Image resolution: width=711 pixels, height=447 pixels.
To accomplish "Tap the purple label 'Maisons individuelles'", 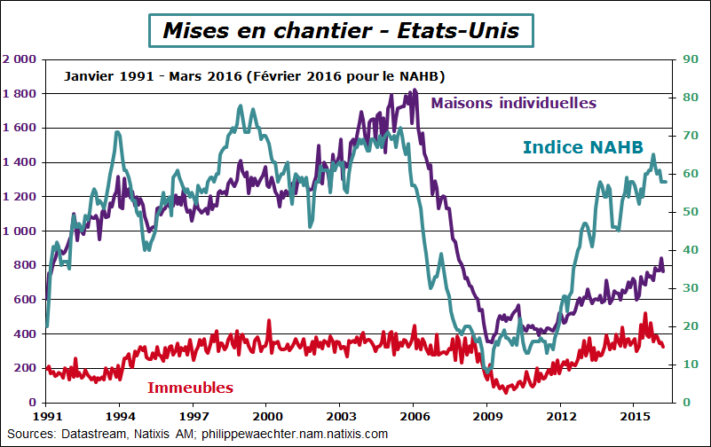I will (513, 103).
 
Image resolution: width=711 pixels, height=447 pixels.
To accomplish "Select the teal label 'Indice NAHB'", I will (582, 146).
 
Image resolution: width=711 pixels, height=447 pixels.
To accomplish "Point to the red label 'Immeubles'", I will (190, 388).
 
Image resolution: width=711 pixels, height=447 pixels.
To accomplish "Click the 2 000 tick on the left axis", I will (20, 59).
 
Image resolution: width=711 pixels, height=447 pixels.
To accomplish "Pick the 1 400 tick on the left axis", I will (20, 162).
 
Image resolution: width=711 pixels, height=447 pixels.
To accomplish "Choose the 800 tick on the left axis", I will (25, 265).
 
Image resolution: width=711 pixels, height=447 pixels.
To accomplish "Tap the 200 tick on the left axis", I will (25, 368).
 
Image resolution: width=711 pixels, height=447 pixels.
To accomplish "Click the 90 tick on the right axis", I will (682, 59).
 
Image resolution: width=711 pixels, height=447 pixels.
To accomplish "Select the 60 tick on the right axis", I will (682, 174).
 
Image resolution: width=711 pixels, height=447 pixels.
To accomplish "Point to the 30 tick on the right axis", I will (682, 288).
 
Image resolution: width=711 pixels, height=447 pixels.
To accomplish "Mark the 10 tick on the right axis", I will (682, 365).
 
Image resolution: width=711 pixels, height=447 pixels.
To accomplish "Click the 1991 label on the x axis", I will (46, 415).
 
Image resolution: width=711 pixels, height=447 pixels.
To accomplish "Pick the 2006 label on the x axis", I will (414, 415).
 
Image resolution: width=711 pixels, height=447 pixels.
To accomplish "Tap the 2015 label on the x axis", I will (634, 415).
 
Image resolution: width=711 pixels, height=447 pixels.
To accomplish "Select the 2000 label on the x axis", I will (267, 415).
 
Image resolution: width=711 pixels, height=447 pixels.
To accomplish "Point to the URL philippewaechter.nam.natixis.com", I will (295, 434).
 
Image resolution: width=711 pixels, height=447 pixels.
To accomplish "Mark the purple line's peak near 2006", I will (415, 90).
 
